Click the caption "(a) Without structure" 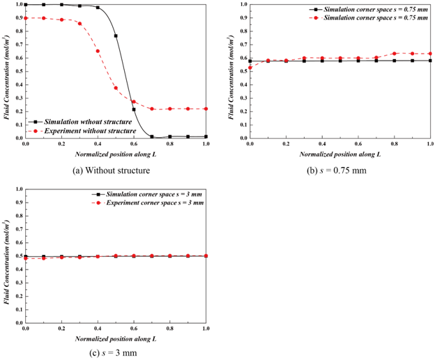pos(116,169)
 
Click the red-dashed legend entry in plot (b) pos(372,17)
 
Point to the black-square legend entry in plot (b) pos(372,9)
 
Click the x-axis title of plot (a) pos(116,155)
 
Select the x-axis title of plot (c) pos(116,338)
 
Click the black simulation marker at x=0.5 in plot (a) pos(116,36)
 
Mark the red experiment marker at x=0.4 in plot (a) pos(98,51)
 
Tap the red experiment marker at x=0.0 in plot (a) pos(26,18)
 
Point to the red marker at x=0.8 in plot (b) pos(394,54)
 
